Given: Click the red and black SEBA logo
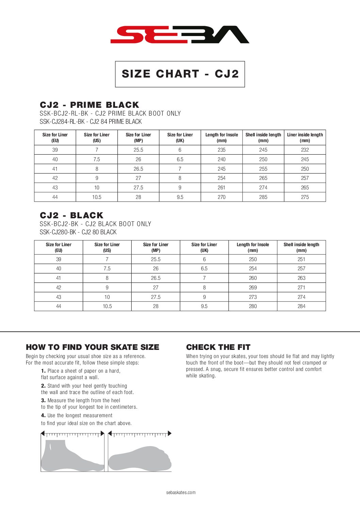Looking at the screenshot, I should (180, 34).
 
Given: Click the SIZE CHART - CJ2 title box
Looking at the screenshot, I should (180, 74).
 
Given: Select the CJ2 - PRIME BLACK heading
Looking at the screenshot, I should (89, 105).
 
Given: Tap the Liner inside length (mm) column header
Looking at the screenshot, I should (305, 137).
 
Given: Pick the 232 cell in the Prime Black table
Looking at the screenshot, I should (305, 150).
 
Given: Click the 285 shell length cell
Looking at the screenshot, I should (263, 197).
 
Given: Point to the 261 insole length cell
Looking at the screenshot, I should (222, 187).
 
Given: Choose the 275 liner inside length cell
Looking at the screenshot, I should (305, 197).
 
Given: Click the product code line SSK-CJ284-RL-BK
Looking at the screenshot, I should (91, 122).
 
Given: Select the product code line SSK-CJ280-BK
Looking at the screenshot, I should (78, 232).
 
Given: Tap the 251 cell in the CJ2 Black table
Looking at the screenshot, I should (301, 259).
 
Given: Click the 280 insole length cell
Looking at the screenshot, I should (253, 306).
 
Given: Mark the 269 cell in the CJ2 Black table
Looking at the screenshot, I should (253, 287).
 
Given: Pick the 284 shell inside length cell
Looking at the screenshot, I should (301, 306).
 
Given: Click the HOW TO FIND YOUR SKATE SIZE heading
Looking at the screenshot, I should (93, 347).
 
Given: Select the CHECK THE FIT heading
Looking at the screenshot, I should (218, 347).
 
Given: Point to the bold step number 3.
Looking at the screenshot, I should (43, 401).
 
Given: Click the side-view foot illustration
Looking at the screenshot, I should (71, 456).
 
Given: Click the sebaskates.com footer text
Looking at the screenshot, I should (181, 492).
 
